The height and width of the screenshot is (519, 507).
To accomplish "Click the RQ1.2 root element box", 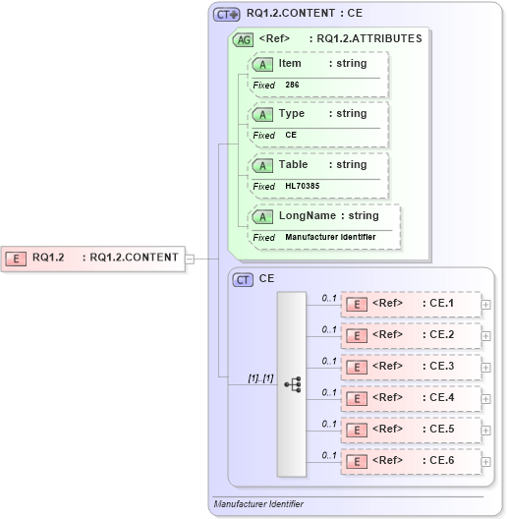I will pos(94,258).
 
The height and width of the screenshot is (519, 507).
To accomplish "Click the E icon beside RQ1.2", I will pos(17,259).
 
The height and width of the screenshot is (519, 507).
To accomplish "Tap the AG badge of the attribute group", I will pos(242,40).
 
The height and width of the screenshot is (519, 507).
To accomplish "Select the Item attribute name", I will pos(290,63).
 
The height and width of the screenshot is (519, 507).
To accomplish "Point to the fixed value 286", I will pos(292,85).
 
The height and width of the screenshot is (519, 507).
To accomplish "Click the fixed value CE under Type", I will pos(291,135).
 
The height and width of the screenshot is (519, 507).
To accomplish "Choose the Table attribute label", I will pos(293,164).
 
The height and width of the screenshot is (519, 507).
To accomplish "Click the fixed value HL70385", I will pos(302,186).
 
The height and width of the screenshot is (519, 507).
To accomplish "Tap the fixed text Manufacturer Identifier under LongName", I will pos(330,237).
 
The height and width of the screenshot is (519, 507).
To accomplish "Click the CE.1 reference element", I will pos(412,304).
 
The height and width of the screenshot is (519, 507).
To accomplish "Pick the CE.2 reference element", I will pos(412,335).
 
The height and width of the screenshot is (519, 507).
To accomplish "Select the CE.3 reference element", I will pos(412,367).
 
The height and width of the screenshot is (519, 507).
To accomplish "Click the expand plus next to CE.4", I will pos(486,398).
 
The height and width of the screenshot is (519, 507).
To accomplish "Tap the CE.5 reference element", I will pos(412,430).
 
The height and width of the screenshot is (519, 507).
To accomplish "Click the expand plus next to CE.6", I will pos(486,461).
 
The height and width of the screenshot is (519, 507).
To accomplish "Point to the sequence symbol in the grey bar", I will pos(293,384).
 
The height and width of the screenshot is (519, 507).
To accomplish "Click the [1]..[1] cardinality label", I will pos(260,378).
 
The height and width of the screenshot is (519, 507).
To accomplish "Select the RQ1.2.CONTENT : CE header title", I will pos(305,14).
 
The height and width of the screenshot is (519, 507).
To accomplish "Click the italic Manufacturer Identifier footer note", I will pos(258,504).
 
